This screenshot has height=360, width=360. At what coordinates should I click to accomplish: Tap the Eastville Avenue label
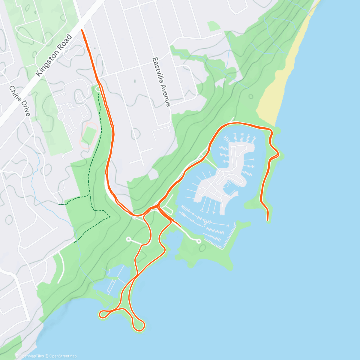click(161, 82)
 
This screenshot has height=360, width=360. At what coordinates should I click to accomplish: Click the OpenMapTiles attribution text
click(31, 356)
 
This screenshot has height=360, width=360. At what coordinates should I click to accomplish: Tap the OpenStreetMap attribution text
click(63, 356)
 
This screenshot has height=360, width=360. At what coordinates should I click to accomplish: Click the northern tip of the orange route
click(82, 29)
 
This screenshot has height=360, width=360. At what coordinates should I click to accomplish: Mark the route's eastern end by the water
click(268, 220)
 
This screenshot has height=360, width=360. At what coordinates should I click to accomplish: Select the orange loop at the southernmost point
click(139, 325)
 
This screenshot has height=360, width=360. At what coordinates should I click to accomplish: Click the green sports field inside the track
click(88, 135)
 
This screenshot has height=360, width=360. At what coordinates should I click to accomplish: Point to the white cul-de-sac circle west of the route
click(128, 239)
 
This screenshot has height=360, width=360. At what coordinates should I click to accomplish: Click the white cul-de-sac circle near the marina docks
click(198, 241)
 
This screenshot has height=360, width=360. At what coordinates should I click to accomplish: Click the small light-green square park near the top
click(214, 26)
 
